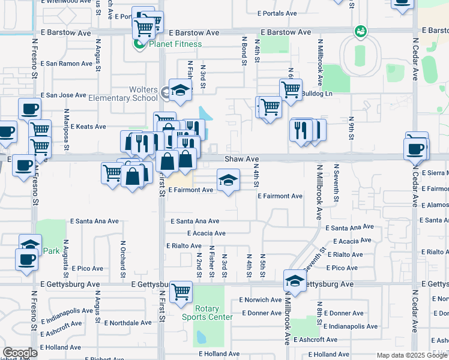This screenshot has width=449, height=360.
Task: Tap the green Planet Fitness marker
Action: pos(139,44)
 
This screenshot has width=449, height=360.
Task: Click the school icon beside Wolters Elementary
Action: pos(179,90)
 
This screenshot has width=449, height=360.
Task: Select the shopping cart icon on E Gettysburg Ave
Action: pos(181,292)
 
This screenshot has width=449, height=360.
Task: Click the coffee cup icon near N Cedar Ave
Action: pos(417,147)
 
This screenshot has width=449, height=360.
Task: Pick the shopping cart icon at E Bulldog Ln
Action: pos(291,89)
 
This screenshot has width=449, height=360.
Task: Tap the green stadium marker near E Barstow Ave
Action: pos(360,30)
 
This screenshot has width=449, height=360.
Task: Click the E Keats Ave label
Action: pos(88,127)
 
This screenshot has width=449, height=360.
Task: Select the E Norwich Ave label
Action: pos(260,299)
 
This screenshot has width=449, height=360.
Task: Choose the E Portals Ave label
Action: pos(277,13)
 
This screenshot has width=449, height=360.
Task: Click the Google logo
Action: pos(20,353)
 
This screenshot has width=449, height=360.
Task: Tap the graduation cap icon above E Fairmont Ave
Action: pos(228,180)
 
